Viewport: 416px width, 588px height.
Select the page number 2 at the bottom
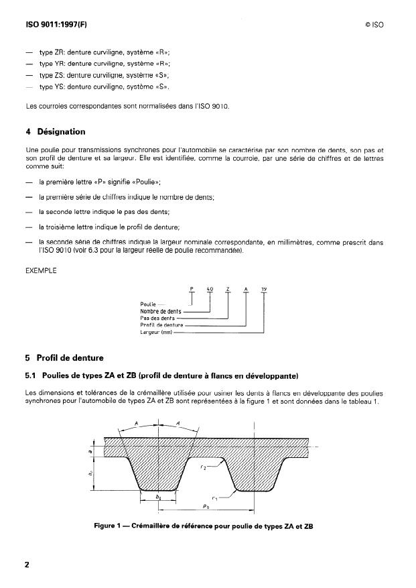click(x=27, y=564)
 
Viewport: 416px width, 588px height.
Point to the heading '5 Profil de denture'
click(x=70, y=357)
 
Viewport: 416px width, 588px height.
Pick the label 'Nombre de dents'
click(x=160, y=311)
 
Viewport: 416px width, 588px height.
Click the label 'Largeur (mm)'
click(x=156, y=331)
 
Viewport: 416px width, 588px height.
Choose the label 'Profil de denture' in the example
click(x=161, y=325)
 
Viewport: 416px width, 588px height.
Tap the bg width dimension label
click(x=158, y=498)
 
